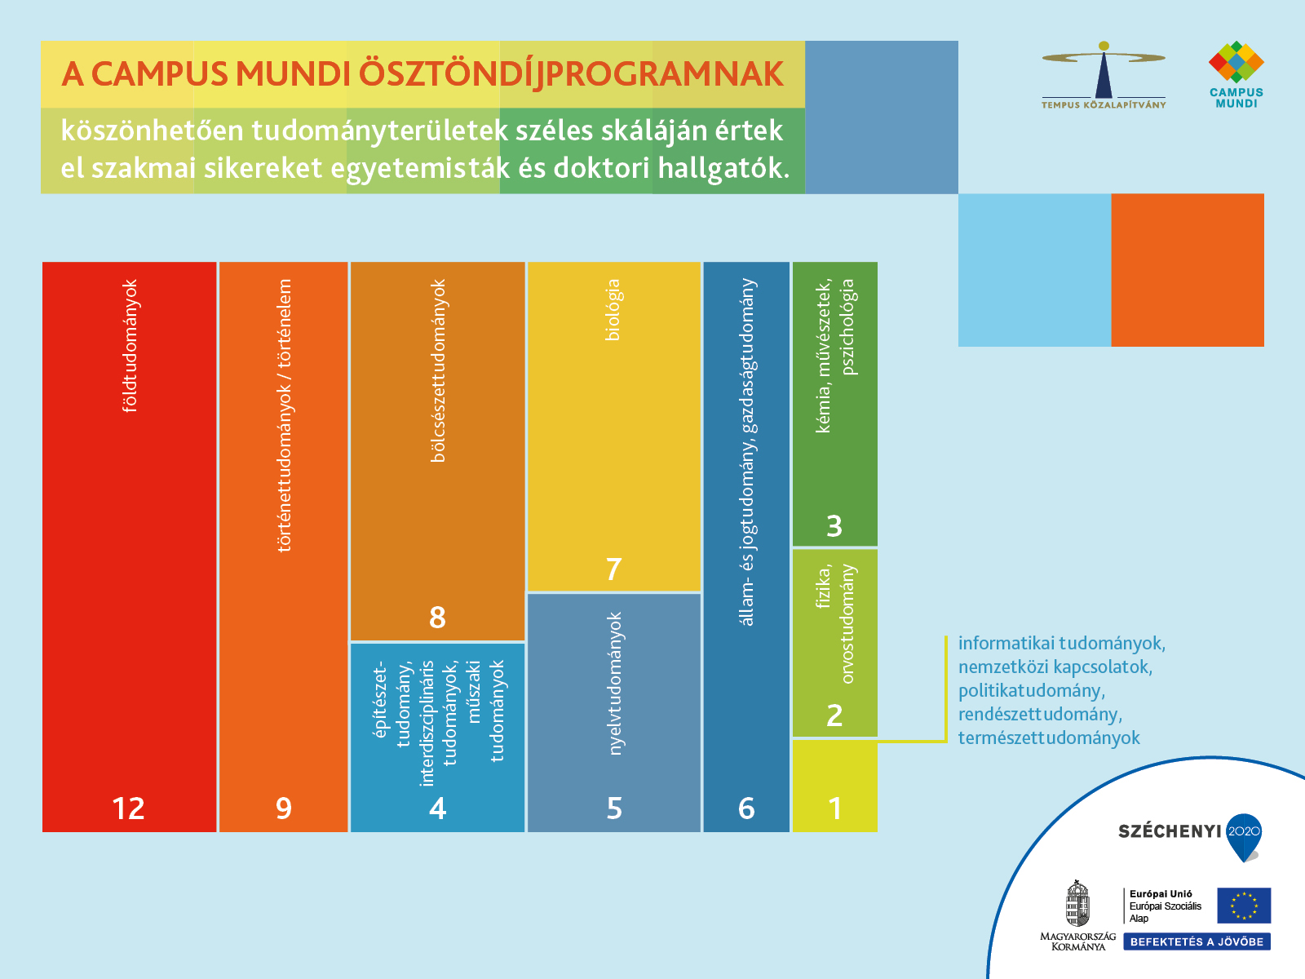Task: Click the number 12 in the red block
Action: (128, 808)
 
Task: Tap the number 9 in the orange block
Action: (284, 808)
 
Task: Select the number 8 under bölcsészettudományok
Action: (437, 618)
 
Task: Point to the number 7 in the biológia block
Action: (614, 569)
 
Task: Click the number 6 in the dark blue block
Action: (746, 808)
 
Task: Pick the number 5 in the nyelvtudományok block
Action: (614, 808)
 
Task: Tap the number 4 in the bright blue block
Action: (437, 808)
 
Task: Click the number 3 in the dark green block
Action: (834, 526)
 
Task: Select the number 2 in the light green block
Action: (834, 715)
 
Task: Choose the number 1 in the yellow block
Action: (834, 808)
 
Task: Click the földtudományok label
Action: (129, 345)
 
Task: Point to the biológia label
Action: (613, 310)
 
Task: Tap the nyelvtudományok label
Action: (615, 684)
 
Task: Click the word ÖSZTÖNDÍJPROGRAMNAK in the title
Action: (571, 74)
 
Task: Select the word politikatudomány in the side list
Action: (1032, 691)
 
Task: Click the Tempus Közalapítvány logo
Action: (1104, 75)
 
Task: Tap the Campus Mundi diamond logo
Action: (1236, 62)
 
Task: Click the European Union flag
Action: (1244, 906)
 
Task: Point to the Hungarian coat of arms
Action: (1077, 904)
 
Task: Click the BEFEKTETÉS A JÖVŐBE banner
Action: (1197, 941)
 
